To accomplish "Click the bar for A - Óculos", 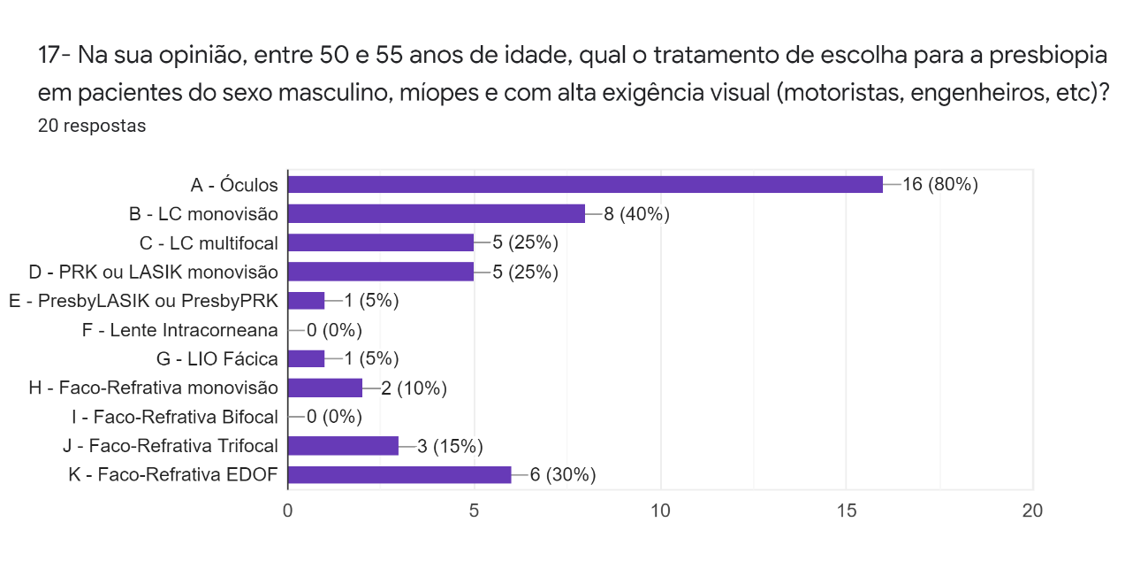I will pos(585,184).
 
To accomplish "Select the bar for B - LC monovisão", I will pos(437,213).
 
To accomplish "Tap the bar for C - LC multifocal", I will pos(381,242).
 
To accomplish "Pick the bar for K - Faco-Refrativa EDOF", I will pos(399,474).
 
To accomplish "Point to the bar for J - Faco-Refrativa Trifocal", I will pos(344,445).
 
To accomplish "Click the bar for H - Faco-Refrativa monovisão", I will pos(325,388).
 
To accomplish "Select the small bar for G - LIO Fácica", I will pos(307,358).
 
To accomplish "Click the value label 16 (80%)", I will pos(939,184).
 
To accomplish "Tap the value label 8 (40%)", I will pos(636,213).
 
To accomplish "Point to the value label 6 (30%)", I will pos(562,474).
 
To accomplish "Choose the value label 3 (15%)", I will pos(450,445).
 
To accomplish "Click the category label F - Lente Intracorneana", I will pos(180,329).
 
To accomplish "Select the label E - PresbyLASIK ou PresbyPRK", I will pos(144,301).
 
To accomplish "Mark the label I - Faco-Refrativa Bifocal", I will pos(175,416).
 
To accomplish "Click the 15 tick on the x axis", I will pos(846,511).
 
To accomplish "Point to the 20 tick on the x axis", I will pos(1031,511).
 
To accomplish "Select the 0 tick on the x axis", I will pos(288,511).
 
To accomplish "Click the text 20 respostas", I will pos(92,126).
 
